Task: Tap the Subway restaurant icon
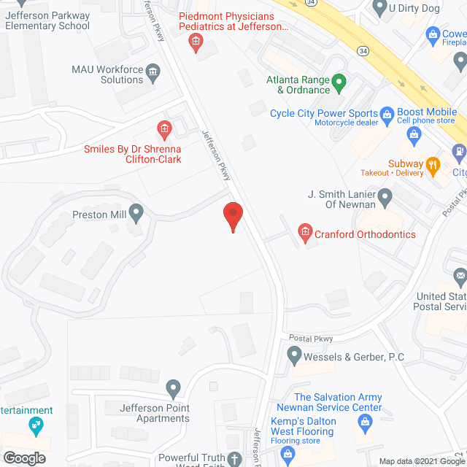(x=433, y=164)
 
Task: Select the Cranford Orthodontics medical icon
(x=305, y=234)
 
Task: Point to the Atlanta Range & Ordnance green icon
(x=339, y=81)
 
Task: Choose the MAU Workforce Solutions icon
(x=153, y=72)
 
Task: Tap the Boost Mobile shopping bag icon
(x=414, y=134)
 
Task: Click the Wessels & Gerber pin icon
(x=294, y=356)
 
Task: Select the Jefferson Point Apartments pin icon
(x=173, y=387)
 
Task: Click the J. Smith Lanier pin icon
(x=386, y=195)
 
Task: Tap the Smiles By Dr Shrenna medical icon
(x=164, y=131)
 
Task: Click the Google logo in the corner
(x=24, y=458)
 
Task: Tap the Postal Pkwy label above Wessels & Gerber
(x=311, y=339)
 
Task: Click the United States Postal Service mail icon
(x=460, y=277)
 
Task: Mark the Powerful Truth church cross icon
(x=234, y=459)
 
